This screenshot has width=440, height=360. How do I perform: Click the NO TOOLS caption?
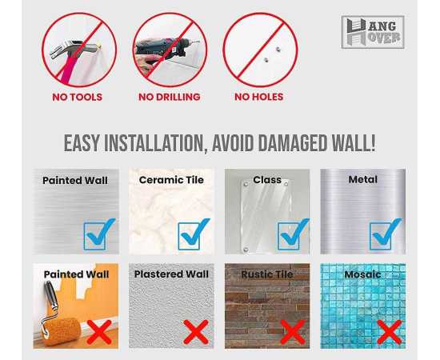click(77, 97)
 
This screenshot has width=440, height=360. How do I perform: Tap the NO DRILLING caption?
click(170, 97)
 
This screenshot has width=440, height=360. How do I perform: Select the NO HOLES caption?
click(258, 97)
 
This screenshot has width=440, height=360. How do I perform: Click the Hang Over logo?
click(373, 32)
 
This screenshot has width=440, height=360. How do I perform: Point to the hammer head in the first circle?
click(73, 49)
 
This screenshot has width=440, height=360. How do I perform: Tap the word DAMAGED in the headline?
click(292, 143)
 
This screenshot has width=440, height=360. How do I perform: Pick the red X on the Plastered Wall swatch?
click(196, 332)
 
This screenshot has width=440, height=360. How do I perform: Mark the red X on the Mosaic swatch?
click(390, 332)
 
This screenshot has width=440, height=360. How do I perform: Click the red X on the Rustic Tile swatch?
click(293, 332)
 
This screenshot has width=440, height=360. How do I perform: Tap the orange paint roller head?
click(62, 331)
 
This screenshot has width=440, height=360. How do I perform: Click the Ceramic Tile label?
click(171, 180)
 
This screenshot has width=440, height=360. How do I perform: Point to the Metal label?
click(363, 179)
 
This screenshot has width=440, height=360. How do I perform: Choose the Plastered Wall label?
click(171, 274)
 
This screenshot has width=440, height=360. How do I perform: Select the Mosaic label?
click(362, 274)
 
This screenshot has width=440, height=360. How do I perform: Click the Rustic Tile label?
click(267, 274)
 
